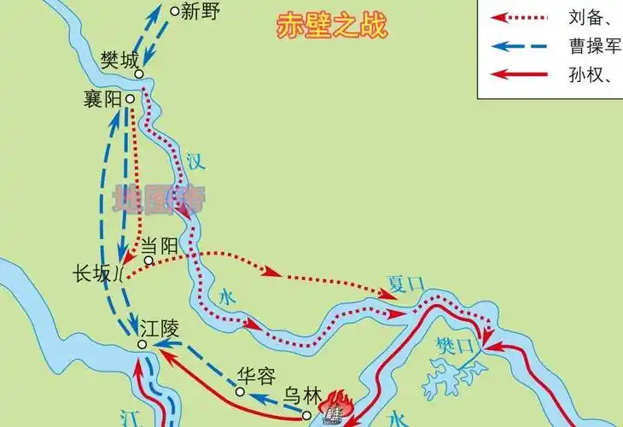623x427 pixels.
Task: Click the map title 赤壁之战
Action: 332,26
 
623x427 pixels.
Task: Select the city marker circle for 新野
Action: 175,11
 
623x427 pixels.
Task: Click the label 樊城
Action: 118,61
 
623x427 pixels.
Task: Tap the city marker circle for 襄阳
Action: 130,98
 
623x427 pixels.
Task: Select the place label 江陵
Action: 161,328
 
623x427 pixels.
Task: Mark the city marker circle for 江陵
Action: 143,343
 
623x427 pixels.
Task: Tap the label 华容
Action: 258,377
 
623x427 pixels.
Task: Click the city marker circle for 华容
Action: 241,392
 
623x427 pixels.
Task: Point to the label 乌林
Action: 302,397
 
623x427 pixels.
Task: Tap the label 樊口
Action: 454,346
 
